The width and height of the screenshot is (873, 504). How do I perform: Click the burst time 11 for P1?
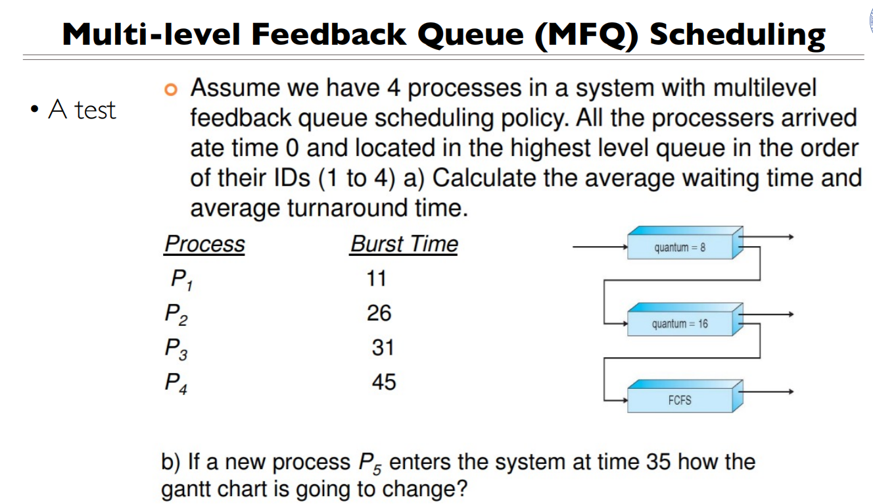coord(377,279)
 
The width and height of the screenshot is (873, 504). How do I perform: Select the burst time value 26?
coord(379,313)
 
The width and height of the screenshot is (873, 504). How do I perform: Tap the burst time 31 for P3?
coord(383,347)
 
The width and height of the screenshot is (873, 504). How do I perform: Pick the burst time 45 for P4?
coord(384,382)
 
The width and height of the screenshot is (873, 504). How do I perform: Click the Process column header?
coord(204,244)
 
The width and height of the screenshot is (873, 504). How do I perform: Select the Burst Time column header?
coord(404,244)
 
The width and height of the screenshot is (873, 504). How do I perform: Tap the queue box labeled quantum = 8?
coord(680,247)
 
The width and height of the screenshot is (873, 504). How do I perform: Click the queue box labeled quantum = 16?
coord(680,324)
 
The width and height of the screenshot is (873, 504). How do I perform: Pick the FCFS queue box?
coord(680,399)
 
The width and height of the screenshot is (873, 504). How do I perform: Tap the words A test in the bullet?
coord(82,110)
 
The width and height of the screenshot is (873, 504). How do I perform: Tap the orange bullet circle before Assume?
coord(172,88)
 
